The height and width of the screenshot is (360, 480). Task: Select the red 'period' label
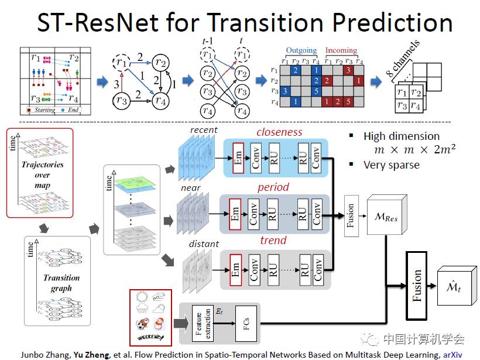pos(273,187)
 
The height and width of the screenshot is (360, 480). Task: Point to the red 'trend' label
pos(273,240)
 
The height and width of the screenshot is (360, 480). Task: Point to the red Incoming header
pos(341,51)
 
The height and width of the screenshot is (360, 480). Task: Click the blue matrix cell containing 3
pos(285,91)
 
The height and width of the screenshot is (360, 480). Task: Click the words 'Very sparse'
pos(391,164)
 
